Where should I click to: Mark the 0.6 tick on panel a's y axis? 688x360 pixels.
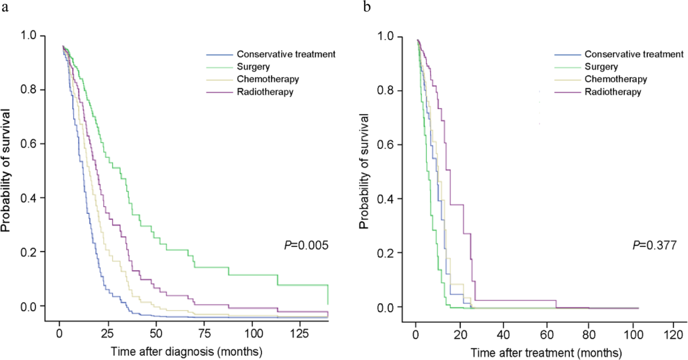[x=32, y=144]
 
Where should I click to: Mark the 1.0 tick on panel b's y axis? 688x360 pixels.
[x=390, y=36]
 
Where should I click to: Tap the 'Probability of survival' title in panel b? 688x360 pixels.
[x=365, y=172]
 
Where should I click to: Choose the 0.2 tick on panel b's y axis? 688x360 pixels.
[x=390, y=253]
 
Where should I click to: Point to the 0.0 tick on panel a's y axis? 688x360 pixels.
[x=32, y=306]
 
